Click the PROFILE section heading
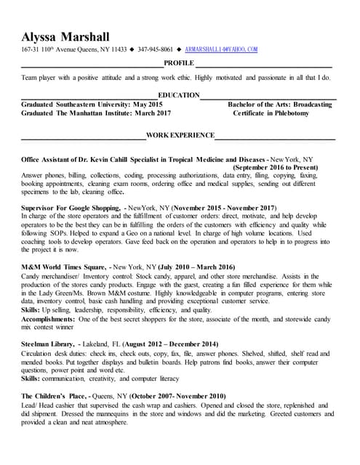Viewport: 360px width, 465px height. [x=179, y=64]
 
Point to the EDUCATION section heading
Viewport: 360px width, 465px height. [x=179, y=95]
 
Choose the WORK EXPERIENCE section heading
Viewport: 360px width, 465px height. [x=180, y=135]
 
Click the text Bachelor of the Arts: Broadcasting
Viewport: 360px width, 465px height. [x=280, y=105]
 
